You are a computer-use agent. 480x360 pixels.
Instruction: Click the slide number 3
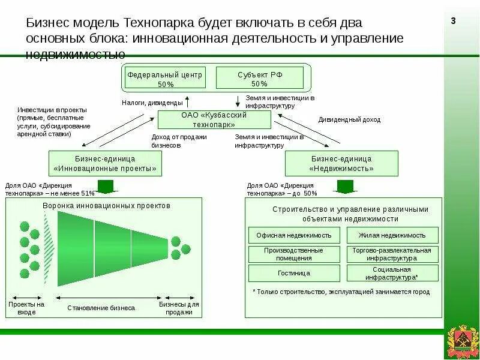click(454, 22)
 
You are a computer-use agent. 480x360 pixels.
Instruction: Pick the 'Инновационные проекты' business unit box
click(105, 163)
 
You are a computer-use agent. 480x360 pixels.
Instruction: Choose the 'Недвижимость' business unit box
click(341, 163)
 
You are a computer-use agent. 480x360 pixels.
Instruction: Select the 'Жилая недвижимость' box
click(392, 235)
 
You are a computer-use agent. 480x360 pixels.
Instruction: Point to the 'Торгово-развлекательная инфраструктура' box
click(392, 254)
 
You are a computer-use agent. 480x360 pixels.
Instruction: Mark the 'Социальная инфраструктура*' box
click(392, 273)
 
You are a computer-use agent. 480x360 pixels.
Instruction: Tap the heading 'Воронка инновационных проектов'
click(107, 205)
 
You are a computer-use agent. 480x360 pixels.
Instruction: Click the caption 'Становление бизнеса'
click(101, 308)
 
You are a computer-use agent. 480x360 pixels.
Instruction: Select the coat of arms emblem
click(461, 343)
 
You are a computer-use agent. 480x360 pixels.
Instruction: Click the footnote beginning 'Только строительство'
click(341, 292)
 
